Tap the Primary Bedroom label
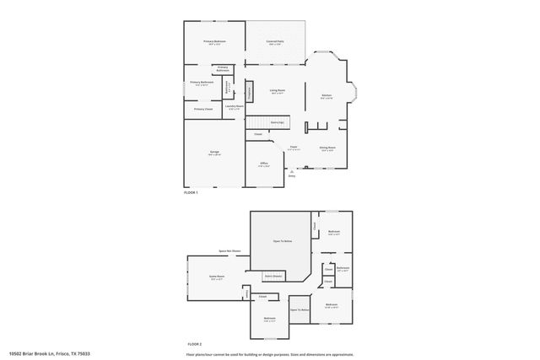(214, 41)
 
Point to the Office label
(264, 164)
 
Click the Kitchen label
(326, 96)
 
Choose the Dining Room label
(327, 148)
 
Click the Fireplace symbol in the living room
(250, 91)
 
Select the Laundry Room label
(235, 106)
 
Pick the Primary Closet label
(203, 109)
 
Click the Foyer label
(294, 148)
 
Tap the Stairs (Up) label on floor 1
(277, 122)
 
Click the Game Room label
(217, 277)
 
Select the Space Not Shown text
(229, 250)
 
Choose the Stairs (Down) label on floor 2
(273, 275)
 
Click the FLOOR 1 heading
(191, 193)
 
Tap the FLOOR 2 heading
(194, 344)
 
